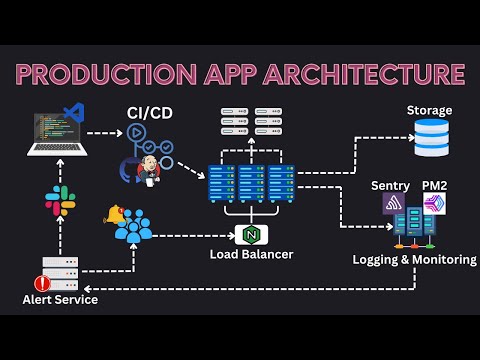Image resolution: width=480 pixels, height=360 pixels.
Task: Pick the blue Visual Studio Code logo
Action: click(x=72, y=112)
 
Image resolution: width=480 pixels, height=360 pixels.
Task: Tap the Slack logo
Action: click(x=58, y=201)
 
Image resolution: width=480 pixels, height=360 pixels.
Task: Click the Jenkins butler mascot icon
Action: click(x=149, y=169)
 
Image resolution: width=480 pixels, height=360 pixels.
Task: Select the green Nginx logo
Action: click(x=251, y=235)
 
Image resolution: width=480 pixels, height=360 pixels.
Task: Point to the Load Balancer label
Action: click(x=251, y=254)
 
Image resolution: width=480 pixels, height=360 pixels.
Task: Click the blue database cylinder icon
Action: click(x=432, y=138)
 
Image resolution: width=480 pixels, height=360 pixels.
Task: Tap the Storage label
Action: click(x=429, y=110)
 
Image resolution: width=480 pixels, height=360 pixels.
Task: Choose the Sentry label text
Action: click(x=390, y=186)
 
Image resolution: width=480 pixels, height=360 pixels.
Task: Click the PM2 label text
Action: click(x=434, y=186)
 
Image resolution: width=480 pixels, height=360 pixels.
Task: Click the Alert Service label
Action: click(x=60, y=299)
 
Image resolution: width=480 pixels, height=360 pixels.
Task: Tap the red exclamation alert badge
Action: click(x=39, y=283)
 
